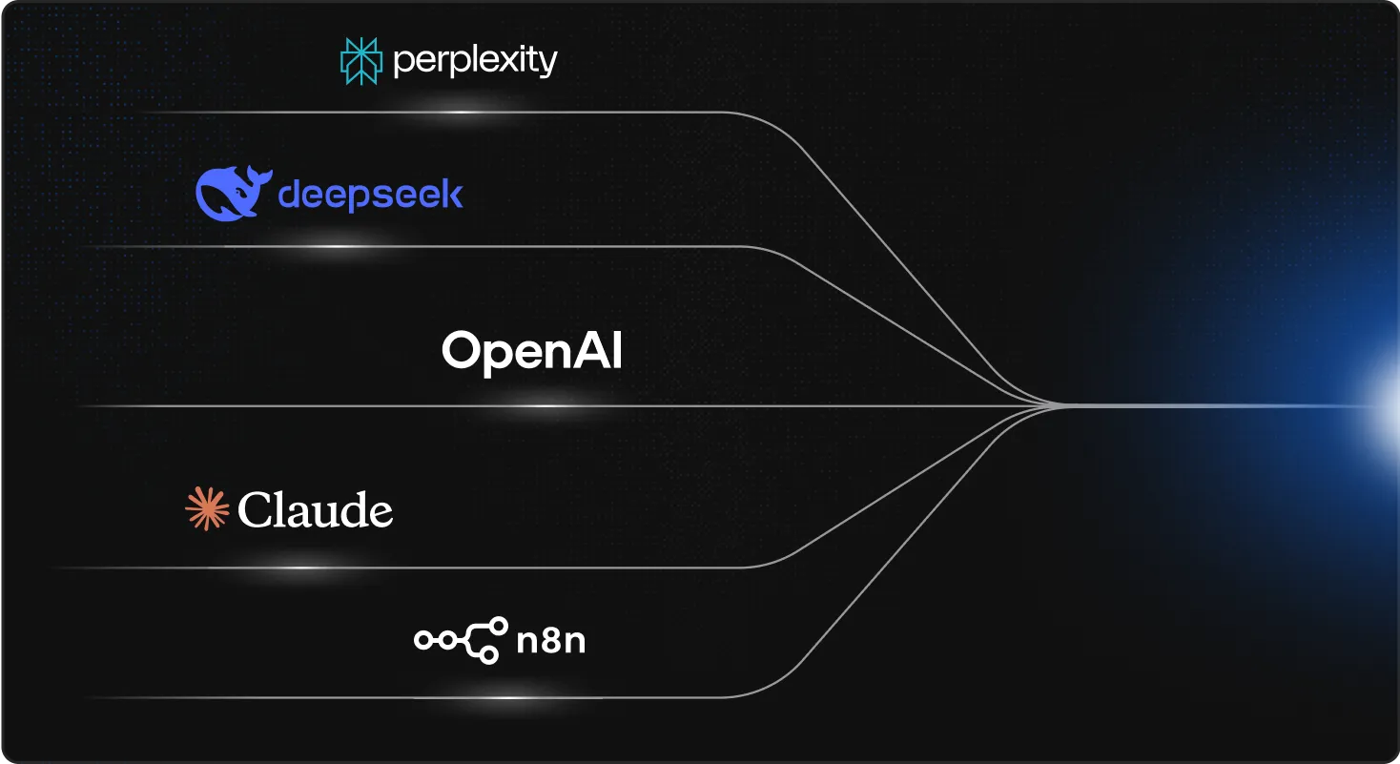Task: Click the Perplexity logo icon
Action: coord(361,60)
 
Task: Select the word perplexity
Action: coord(474,62)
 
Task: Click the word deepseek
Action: coord(370,196)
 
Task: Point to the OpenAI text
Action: coord(531,352)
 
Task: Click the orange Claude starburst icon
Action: coord(207,508)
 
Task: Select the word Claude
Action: coord(315,511)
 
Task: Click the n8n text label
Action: coord(550,641)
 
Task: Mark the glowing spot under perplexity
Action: coord(463,113)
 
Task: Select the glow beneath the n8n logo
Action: coord(510,697)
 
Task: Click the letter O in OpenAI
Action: coord(460,352)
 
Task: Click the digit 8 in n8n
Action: coord(550,641)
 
